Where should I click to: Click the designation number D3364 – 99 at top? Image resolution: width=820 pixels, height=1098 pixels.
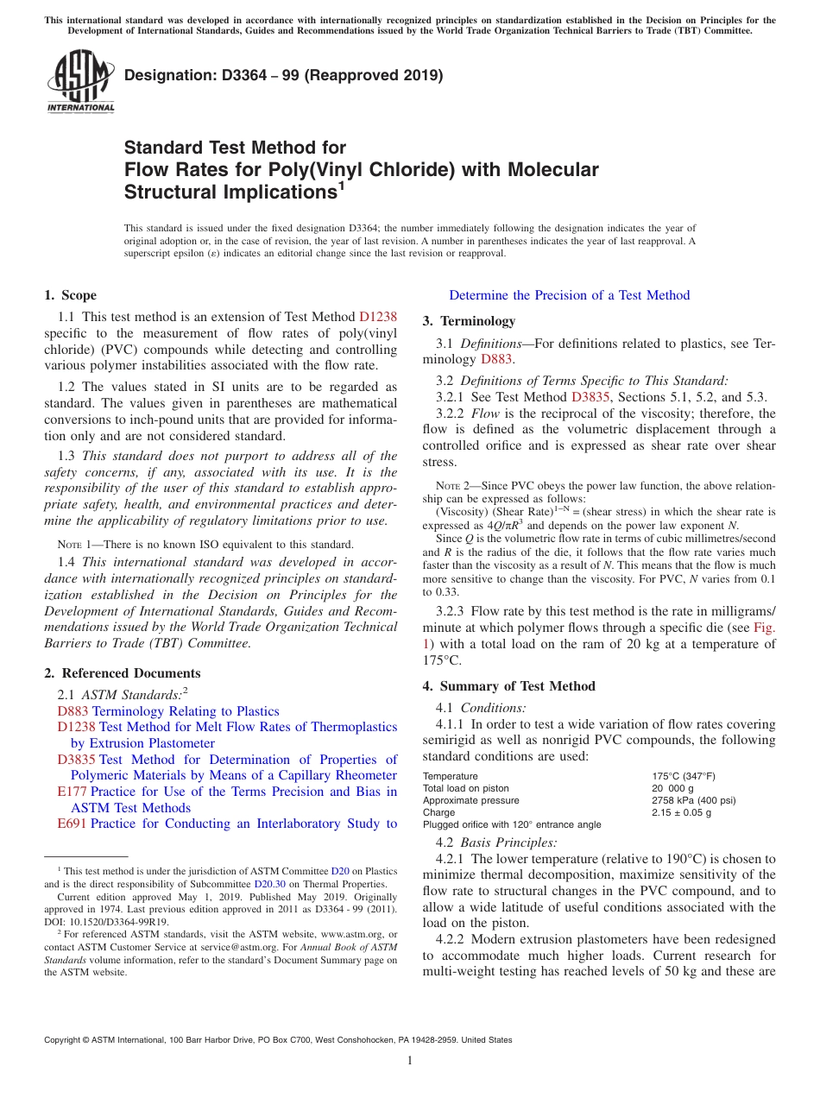284,75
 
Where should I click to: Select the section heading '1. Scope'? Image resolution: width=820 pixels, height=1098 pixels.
70,295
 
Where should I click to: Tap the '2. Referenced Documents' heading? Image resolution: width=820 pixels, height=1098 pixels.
123,673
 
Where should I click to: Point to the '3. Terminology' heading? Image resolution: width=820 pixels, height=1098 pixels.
469,321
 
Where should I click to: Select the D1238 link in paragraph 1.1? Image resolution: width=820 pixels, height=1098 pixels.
378,318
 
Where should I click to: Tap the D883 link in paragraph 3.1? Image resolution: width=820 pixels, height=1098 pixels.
496,359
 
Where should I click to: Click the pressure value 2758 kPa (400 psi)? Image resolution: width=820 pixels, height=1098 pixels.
693,800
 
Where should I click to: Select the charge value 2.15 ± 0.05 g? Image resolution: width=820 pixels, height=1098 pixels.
681,812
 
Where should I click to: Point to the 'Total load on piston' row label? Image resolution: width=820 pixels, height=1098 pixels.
465,788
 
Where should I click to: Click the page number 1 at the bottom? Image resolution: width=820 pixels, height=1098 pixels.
410,1061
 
